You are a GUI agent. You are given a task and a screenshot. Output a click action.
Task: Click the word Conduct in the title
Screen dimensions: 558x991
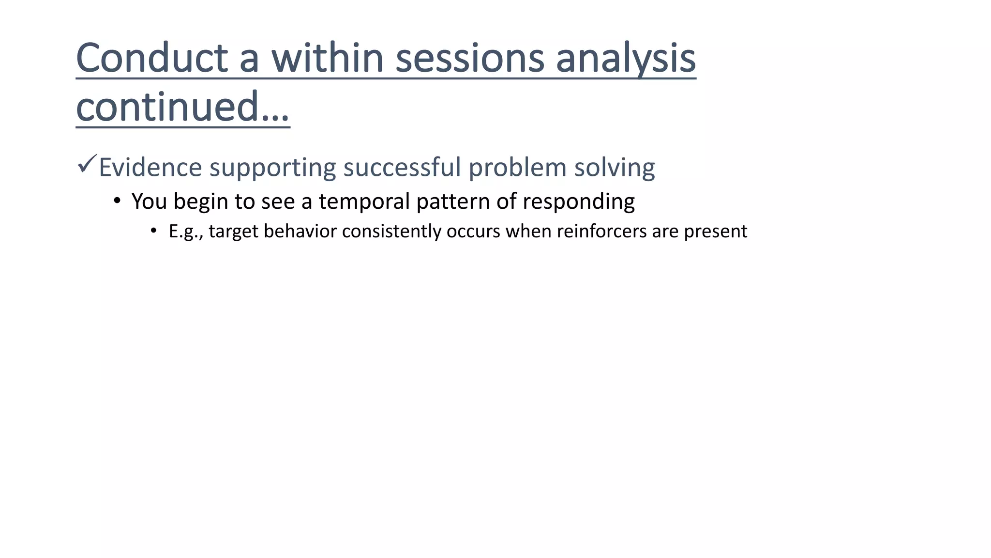click(x=151, y=58)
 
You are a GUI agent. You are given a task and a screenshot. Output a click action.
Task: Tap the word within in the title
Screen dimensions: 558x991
click(x=327, y=58)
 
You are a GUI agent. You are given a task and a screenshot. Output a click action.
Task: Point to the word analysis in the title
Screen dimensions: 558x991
click(x=625, y=58)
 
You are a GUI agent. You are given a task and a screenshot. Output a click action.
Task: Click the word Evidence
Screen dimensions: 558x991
click(x=150, y=168)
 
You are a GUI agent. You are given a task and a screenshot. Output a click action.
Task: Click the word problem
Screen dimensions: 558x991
click(x=517, y=168)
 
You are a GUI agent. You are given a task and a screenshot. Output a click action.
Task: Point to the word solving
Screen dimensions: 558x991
click(x=614, y=168)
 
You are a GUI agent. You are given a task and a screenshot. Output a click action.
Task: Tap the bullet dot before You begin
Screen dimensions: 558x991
click(x=117, y=200)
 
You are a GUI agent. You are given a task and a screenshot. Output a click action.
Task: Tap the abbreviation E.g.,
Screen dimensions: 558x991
click(x=186, y=232)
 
